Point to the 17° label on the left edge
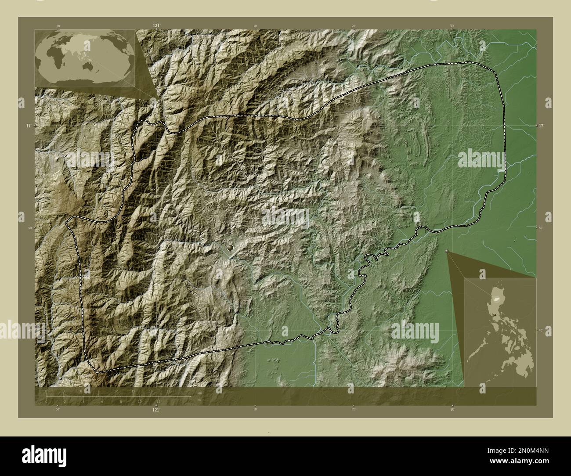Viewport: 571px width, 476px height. tap(28, 126)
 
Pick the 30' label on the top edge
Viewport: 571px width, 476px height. tap(452, 26)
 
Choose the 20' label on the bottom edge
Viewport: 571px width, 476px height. tap(353, 409)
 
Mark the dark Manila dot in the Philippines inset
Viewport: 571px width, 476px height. tap(495, 315)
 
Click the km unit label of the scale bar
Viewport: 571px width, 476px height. tap(200, 393)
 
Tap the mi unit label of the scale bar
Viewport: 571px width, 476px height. tap(199, 400)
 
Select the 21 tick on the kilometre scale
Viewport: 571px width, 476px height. tap(168, 391)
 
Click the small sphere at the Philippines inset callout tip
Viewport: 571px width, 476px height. tap(447, 251)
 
